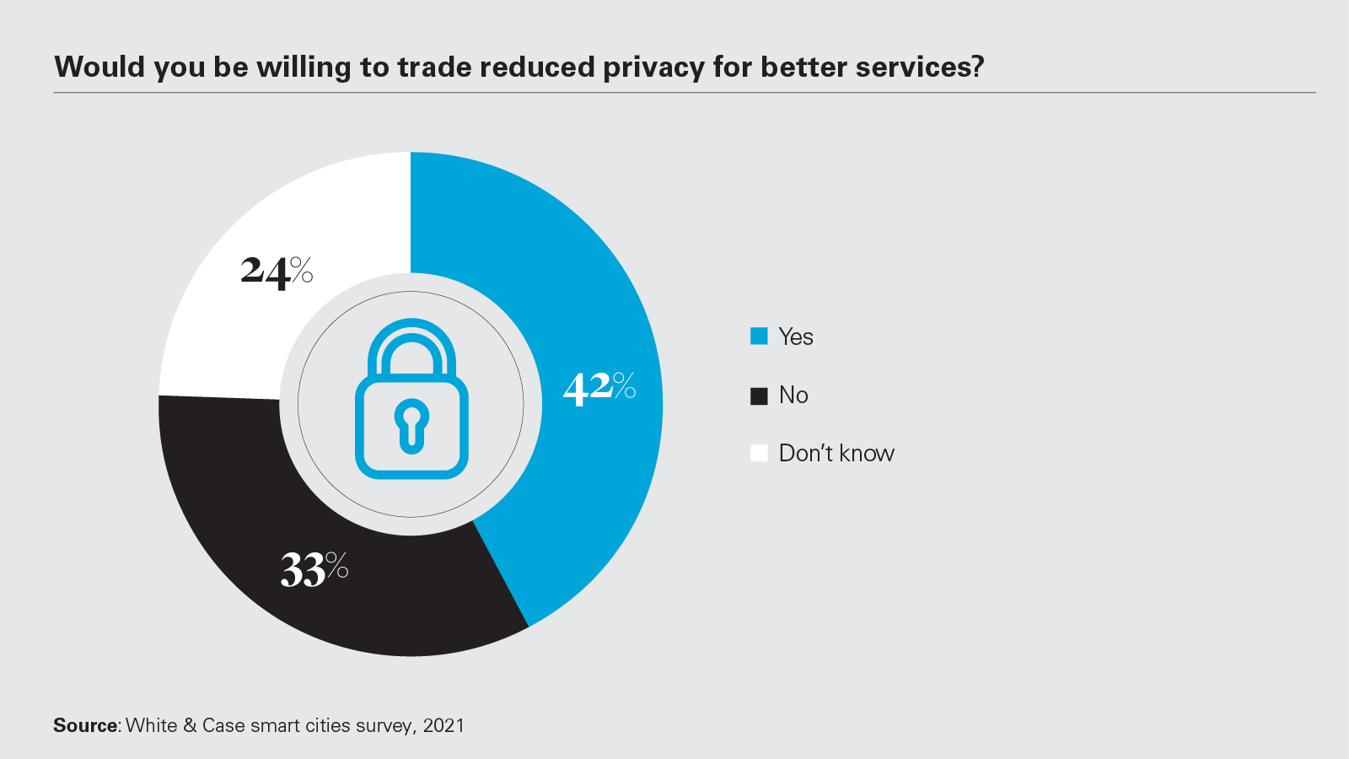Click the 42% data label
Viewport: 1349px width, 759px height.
pos(599,388)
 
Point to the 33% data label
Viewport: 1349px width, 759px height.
pos(314,569)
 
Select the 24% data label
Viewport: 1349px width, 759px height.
pos(277,272)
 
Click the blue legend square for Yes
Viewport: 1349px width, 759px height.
pos(759,336)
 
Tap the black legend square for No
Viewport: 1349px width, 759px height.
pos(759,396)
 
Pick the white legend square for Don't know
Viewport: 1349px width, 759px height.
pos(759,454)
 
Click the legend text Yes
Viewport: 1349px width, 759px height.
pos(796,336)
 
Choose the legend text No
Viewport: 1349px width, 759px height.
pos(793,395)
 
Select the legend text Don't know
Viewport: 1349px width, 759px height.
pos(836,453)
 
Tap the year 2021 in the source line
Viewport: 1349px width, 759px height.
pos(443,725)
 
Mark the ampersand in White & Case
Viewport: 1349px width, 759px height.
pos(190,725)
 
